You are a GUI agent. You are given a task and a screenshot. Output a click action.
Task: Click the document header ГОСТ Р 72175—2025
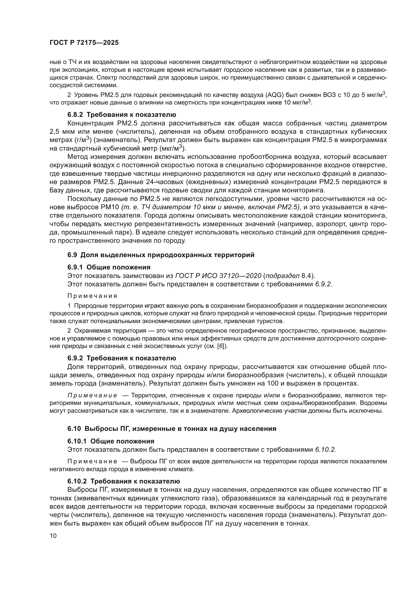(x=84, y=43)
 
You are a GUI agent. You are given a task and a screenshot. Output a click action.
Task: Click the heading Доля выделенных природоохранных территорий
(x=167, y=255)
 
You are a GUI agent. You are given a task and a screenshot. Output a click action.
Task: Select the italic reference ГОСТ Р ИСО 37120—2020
(x=218, y=276)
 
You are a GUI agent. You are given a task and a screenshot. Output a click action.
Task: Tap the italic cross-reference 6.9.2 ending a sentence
(x=323, y=284)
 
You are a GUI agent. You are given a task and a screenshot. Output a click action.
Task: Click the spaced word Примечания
(x=92, y=296)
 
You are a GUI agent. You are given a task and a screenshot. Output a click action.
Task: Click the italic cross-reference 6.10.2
(x=325, y=450)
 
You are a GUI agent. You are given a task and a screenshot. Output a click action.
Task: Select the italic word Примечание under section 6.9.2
(x=92, y=395)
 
